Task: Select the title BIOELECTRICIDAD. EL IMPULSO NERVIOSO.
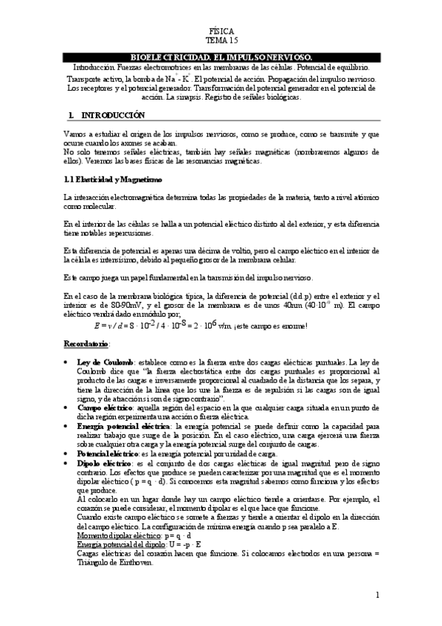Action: click(221, 57)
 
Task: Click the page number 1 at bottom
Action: click(376, 595)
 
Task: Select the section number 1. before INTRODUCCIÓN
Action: click(70, 116)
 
